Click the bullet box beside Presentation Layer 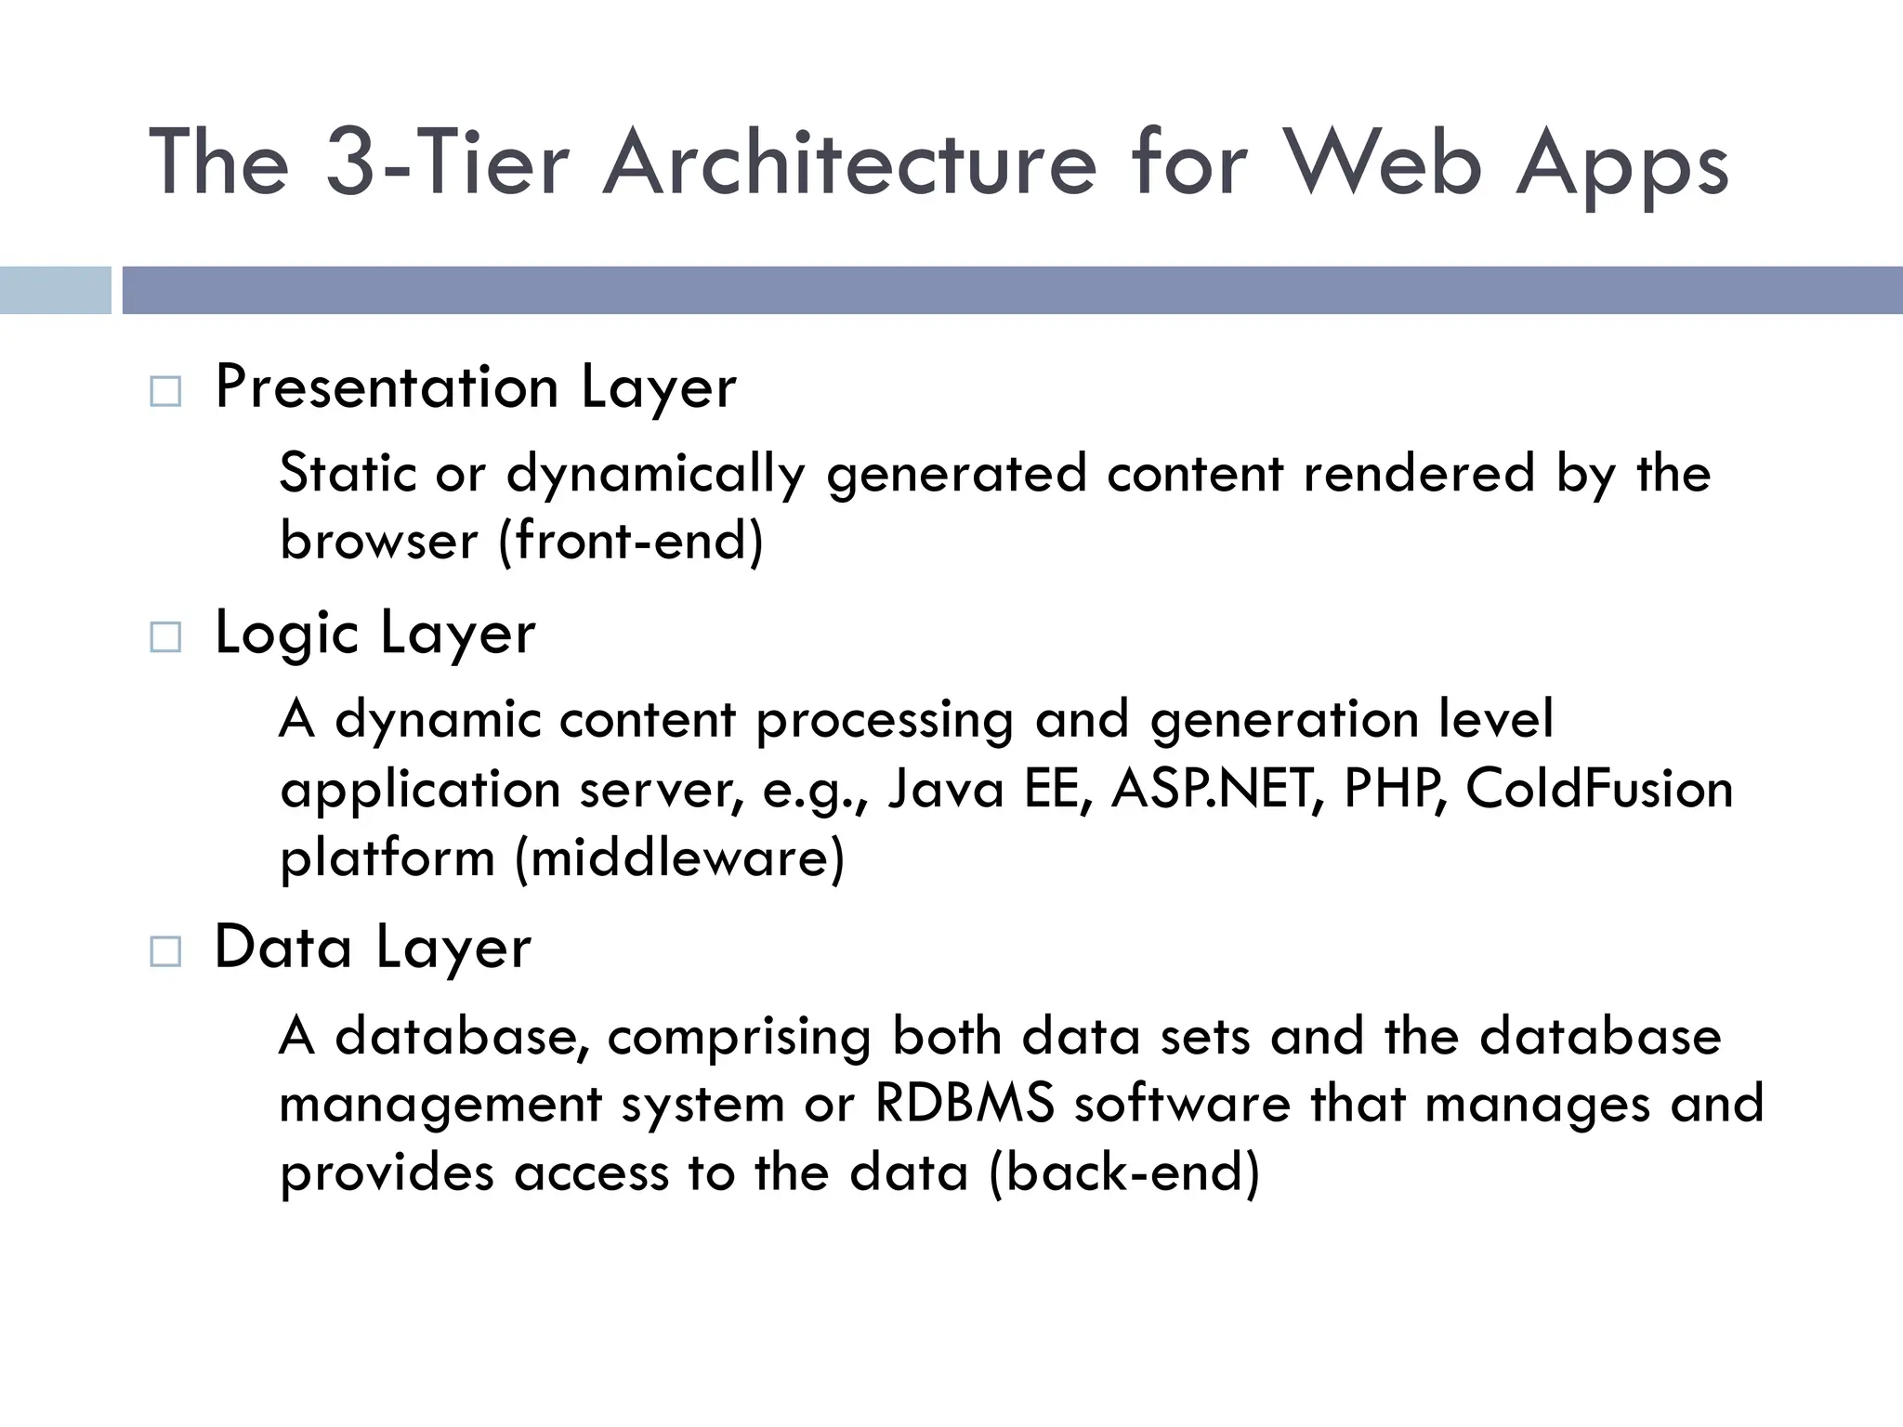click(165, 391)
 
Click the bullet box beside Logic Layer click(165, 637)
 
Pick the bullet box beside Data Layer click(165, 951)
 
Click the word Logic click(286, 635)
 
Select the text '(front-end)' click(631, 541)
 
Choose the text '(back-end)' click(1124, 1172)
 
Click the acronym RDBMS click(965, 1104)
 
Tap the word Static click(348, 473)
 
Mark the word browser click(378, 541)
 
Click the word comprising click(739, 1037)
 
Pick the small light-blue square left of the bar click(55, 290)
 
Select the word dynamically click(656, 475)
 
